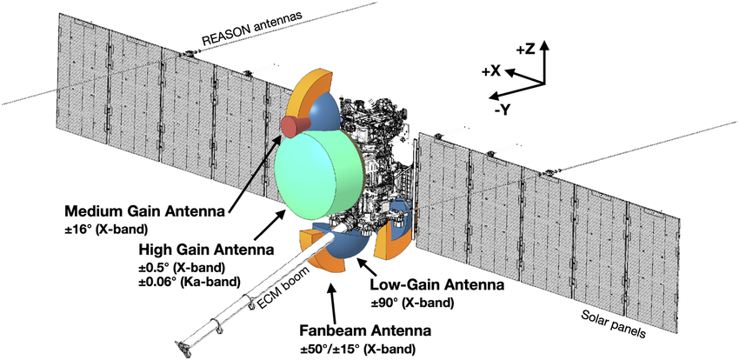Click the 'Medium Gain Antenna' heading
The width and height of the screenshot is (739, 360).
pyautogui.click(x=144, y=211)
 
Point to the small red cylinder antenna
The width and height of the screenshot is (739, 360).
pyautogui.click(x=295, y=126)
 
